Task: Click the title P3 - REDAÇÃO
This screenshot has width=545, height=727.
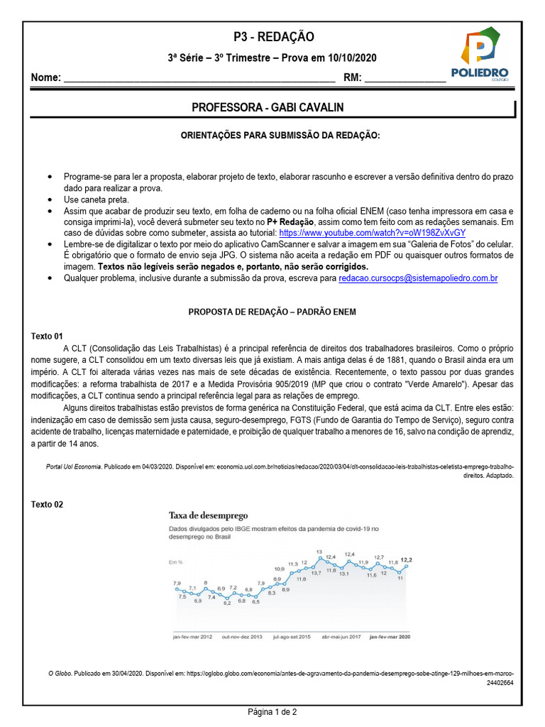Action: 273,37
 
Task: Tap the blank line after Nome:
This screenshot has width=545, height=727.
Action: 199,79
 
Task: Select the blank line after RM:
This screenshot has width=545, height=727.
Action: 404,79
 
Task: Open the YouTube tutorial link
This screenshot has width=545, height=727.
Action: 373,232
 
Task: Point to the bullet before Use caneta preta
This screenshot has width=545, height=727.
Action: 48,199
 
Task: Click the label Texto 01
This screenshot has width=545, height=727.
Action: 47,336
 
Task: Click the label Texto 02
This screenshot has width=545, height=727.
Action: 47,504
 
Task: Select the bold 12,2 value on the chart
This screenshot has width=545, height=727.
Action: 407,560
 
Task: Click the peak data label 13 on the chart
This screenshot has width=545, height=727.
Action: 319,552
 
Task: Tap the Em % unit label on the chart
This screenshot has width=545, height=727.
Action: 175,562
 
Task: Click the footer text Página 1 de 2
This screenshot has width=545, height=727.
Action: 272,711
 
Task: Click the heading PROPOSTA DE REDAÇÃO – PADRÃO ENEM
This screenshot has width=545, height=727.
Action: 272,312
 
